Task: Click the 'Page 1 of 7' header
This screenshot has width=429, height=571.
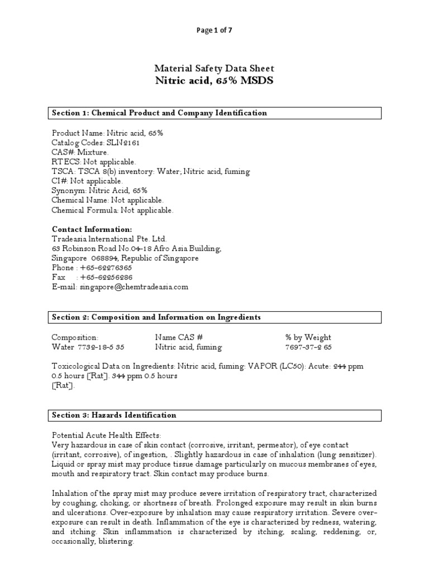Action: pyautogui.click(x=214, y=31)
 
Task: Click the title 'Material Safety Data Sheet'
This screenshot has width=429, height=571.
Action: pyautogui.click(x=214, y=69)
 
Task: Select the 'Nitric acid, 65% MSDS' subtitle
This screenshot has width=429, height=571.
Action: pyautogui.click(x=214, y=80)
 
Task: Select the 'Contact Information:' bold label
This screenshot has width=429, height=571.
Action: pyautogui.click(x=92, y=230)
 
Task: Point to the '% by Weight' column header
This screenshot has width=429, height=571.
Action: pyautogui.click(x=308, y=337)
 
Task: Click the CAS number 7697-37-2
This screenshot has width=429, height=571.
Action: pyautogui.click(x=303, y=347)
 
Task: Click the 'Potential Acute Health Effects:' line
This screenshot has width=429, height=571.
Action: pyautogui.click(x=106, y=435)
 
